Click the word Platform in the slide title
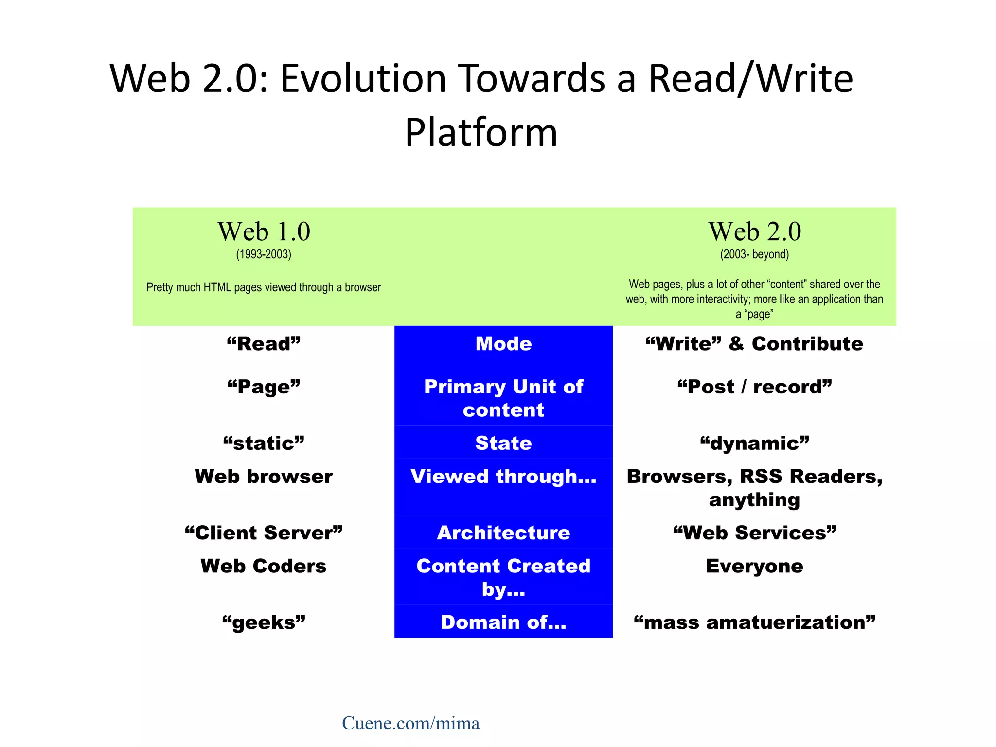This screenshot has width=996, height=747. [481, 132]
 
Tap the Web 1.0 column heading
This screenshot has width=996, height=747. [264, 231]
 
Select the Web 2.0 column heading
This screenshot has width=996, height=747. [754, 231]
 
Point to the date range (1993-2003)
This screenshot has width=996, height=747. [264, 254]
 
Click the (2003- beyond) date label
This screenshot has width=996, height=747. [754, 254]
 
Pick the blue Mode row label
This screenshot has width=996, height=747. [503, 344]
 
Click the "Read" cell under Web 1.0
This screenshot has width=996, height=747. [264, 344]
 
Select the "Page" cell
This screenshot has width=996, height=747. [264, 387]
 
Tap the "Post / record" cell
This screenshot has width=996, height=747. [754, 387]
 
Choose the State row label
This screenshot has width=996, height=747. [503, 443]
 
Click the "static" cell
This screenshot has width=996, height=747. [264, 443]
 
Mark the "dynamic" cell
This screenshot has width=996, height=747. [754, 443]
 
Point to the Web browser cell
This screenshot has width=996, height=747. [264, 477]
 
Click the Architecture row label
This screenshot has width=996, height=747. [503, 533]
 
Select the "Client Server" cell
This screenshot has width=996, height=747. [264, 533]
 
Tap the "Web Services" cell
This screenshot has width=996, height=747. [754, 533]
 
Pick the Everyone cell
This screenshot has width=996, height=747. [754, 566]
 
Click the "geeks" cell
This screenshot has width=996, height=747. [264, 622]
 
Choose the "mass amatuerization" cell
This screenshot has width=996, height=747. [754, 622]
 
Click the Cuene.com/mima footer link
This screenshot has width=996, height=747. [410, 723]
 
